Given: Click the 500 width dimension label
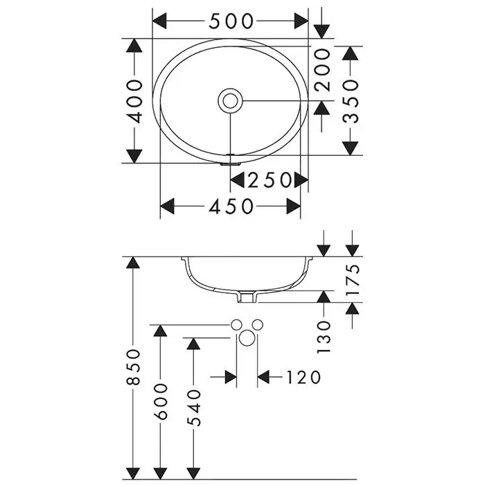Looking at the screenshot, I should (231, 21).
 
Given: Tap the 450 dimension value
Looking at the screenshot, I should (231, 206).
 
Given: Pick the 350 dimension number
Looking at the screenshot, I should (352, 100).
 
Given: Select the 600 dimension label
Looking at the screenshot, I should (161, 402).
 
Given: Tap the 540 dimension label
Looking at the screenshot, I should (192, 407).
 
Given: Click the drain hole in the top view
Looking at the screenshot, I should (231, 100).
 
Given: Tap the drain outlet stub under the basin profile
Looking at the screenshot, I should (249, 298).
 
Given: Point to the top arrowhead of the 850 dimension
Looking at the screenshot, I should (134, 264).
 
